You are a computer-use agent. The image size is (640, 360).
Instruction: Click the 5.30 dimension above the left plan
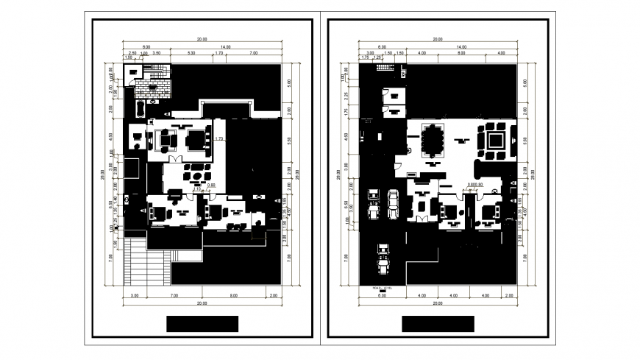tap(191, 54)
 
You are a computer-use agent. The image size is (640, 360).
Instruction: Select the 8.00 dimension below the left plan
tap(232, 295)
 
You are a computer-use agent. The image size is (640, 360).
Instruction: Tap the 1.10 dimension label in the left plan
tap(196, 189)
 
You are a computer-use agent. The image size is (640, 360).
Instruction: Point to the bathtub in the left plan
tap(140, 111)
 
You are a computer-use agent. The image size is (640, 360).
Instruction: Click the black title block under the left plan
tap(202, 324)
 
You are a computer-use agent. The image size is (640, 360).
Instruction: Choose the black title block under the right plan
tap(438, 324)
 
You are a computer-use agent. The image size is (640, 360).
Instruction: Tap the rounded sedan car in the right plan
tap(394, 202)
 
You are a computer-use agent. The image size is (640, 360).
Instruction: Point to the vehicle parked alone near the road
tap(383, 257)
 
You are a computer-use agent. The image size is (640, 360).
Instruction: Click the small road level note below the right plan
tap(383, 288)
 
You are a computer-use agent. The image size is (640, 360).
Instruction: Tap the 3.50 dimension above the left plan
tap(157, 54)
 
